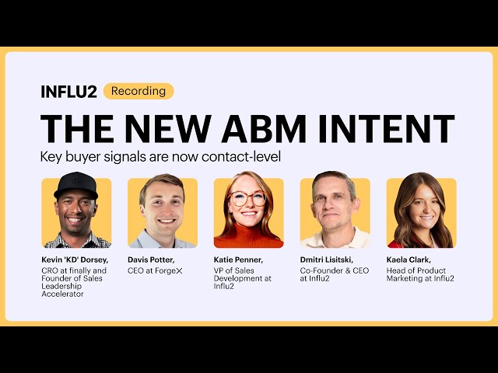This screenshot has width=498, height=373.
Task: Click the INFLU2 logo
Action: (x=68, y=92)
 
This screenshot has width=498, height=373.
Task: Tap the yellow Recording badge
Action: (x=139, y=91)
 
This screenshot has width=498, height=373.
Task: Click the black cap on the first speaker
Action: (x=75, y=186)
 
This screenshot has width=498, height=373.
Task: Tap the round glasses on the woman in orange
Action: (x=248, y=198)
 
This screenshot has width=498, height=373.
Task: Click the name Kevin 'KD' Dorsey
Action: (x=75, y=259)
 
